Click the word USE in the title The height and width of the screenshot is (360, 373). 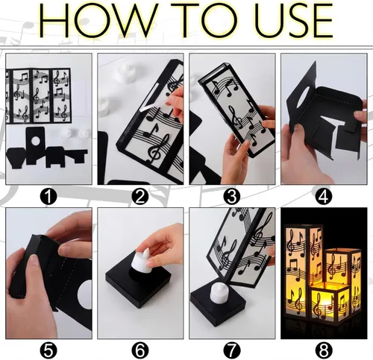click(x=293, y=20)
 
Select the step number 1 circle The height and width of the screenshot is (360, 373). click(x=48, y=197)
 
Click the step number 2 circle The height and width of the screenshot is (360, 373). click(x=140, y=197)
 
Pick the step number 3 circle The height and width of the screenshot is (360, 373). click(x=232, y=197)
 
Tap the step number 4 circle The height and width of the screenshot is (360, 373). click(x=324, y=197)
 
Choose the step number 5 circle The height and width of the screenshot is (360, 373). click(x=48, y=350)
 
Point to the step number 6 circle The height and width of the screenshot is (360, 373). click(x=140, y=350)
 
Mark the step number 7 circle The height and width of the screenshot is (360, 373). click(x=232, y=350)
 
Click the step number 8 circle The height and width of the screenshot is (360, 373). click(x=324, y=350)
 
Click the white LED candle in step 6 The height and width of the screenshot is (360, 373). click(x=141, y=262)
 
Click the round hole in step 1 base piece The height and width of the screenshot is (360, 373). click(x=35, y=141)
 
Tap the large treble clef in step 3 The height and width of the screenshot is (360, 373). click(x=236, y=117)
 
